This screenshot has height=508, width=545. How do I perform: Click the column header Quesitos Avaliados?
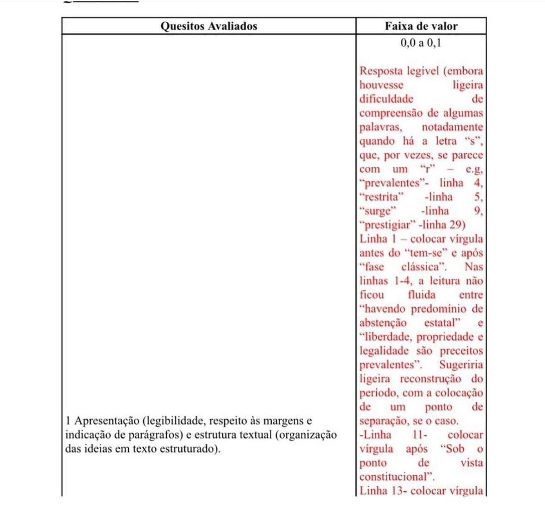coord(208,26)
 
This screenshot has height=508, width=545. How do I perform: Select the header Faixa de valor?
coord(421,26)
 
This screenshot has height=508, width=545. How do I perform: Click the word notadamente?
coord(452,127)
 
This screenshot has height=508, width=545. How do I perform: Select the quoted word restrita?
coord(381,197)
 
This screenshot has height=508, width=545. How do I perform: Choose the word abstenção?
coord(383,323)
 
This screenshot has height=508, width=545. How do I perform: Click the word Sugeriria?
coord(461,365)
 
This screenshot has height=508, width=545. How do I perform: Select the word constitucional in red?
coord(396,477)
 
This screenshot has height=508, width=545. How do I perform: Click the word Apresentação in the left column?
coord(106,421)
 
